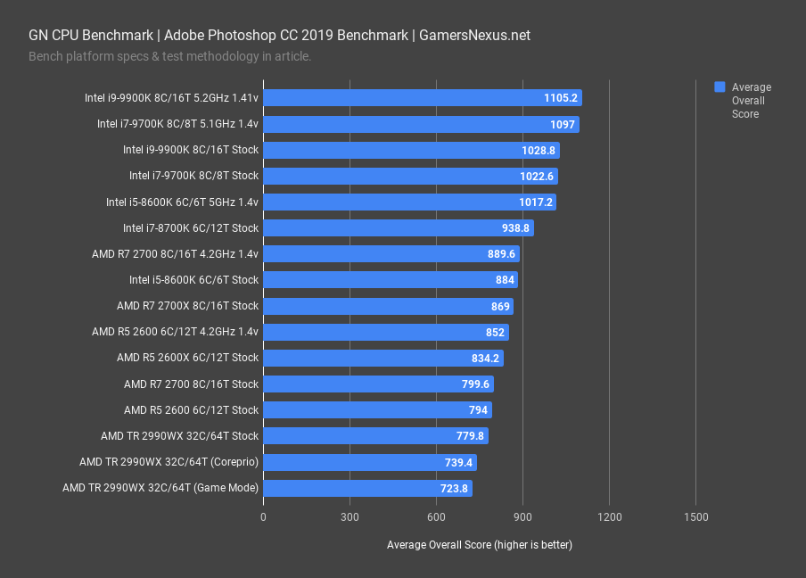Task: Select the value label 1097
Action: click(563, 124)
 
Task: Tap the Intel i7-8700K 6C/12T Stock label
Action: click(190, 228)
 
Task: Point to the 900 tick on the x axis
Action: click(522, 517)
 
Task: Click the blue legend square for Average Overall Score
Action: click(720, 87)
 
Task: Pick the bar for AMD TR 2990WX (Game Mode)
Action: click(366, 488)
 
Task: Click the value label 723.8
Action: click(453, 489)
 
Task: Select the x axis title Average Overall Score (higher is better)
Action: click(480, 544)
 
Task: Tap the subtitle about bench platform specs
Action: click(169, 57)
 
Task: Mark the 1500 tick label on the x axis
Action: click(695, 517)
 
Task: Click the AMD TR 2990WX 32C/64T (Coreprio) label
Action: click(169, 462)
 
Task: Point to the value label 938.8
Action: click(514, 228)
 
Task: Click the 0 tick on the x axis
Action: click(263, 517)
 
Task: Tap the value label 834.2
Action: click(484, 359)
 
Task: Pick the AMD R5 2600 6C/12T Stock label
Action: click(191, 410)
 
